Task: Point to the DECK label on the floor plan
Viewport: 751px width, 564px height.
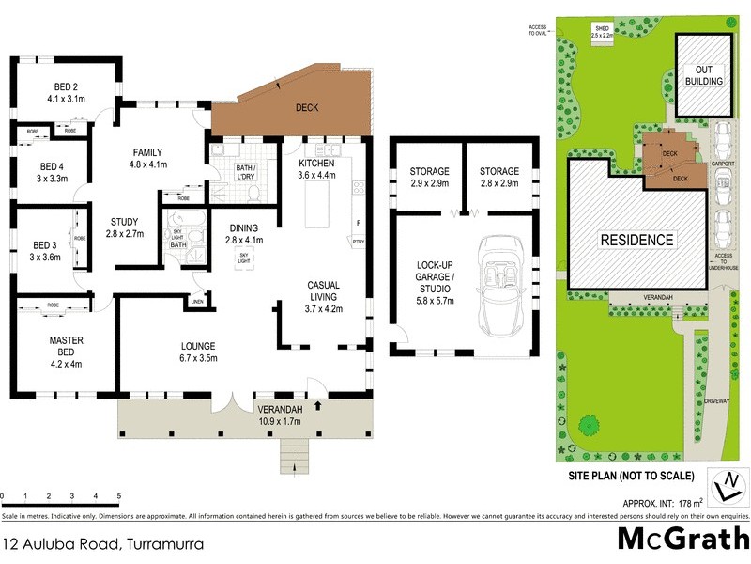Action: tap(307, 108)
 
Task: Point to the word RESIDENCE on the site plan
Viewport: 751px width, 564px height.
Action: tap(637, 240)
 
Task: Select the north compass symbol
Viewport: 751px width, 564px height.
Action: tap(727, 486)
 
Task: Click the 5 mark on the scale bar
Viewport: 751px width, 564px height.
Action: tap(119, 495)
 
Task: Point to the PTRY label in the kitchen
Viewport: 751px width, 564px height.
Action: tap(358, 242)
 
